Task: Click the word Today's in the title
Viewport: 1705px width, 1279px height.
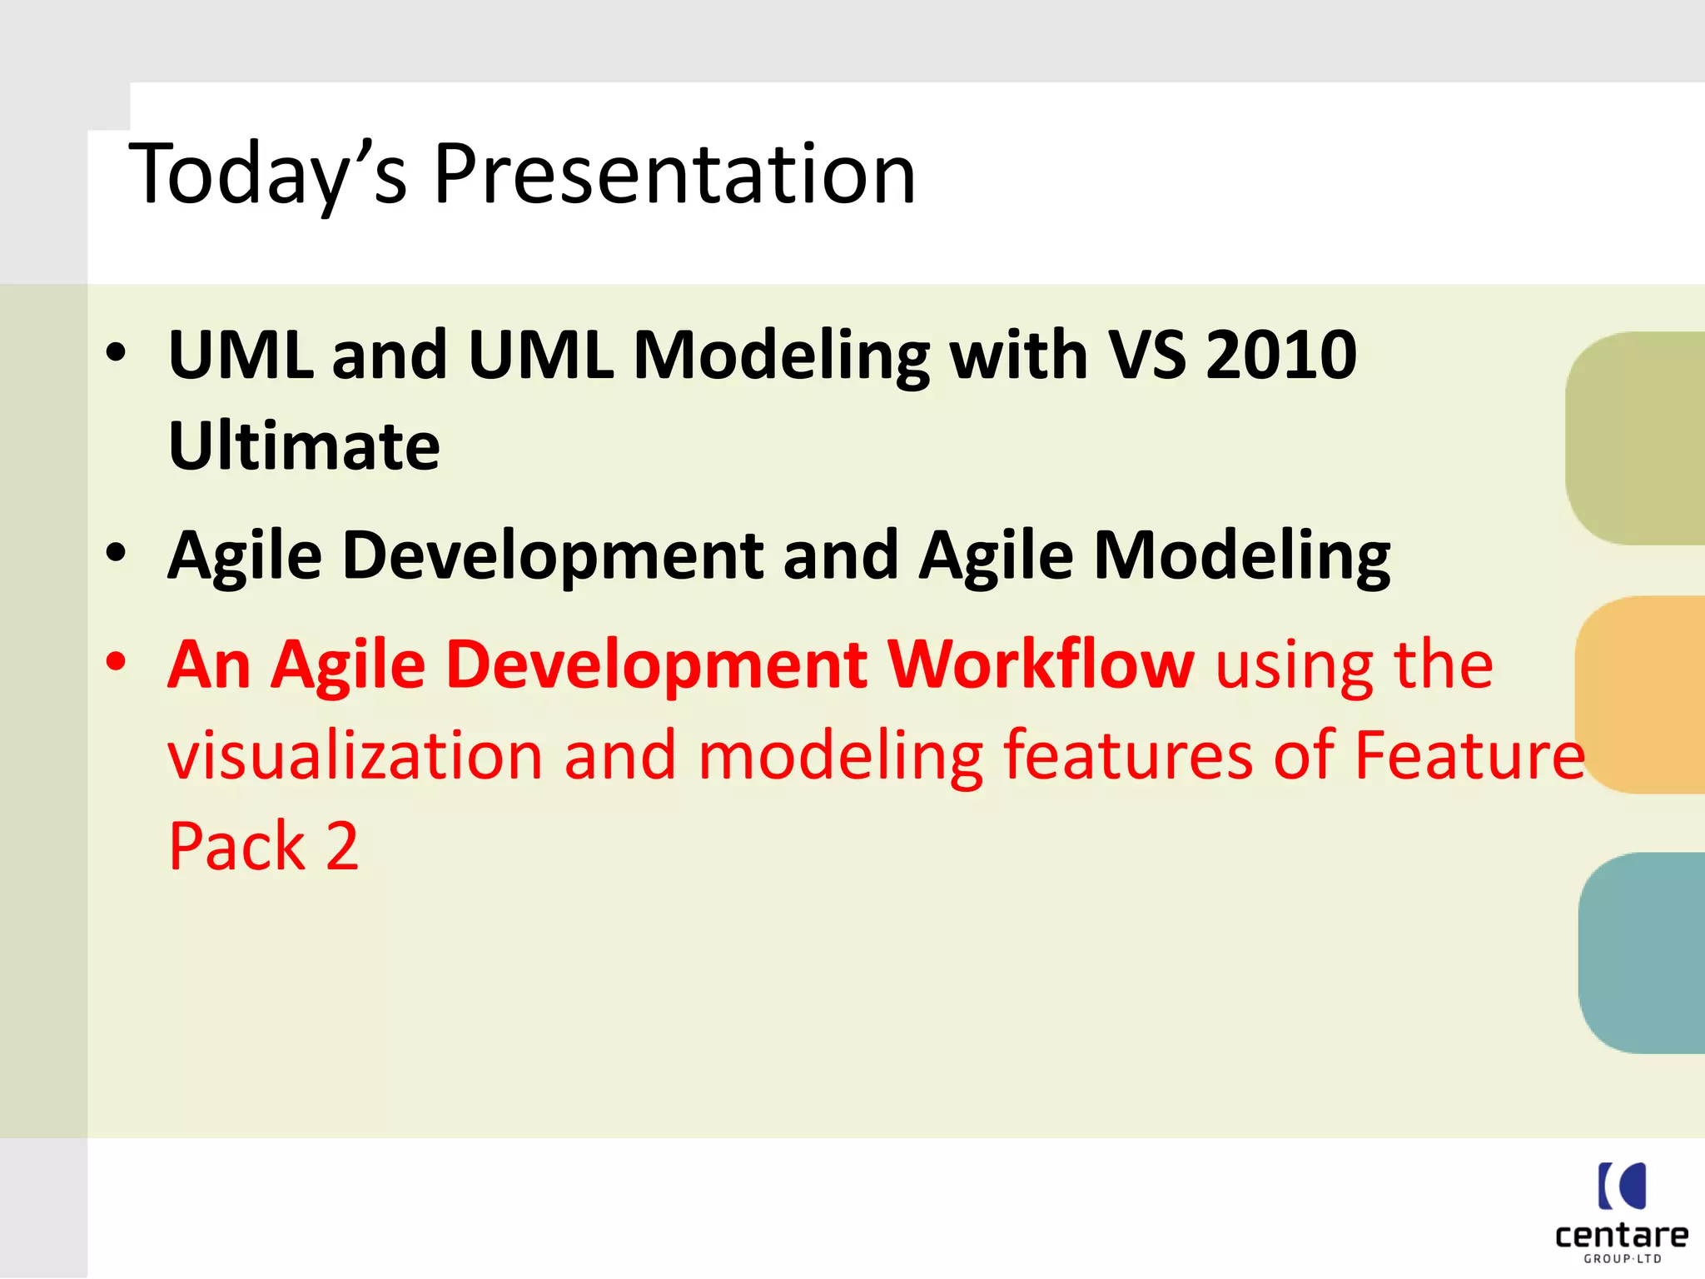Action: [266, 175]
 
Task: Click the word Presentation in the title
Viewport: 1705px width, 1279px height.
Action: [674, 175]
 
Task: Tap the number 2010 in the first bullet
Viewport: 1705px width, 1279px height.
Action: [1281, 355]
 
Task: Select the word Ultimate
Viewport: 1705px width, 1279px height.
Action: [304, 446]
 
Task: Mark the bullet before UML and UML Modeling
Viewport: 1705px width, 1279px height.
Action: [117, 352]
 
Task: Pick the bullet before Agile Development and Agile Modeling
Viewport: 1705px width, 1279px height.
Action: [117, 553]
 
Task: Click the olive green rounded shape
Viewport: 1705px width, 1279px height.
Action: [1636, 439]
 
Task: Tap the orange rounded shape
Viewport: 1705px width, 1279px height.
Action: [1640, 694]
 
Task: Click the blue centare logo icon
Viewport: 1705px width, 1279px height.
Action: [1622, 1186]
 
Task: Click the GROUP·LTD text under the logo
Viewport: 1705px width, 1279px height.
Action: [1622, 1259]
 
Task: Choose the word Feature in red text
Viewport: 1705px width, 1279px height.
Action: [1469, 756]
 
